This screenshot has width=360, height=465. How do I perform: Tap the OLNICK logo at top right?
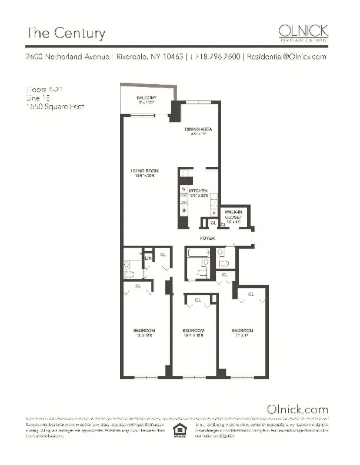click(303, 32)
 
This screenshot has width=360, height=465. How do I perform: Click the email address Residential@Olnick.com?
click(285, 57)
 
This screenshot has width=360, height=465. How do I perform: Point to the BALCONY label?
click(146, 97)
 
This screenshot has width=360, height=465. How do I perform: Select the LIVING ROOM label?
click(145, 172)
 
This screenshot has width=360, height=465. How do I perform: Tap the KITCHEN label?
click(198, 191)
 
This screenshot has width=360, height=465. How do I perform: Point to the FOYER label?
click(207, 238)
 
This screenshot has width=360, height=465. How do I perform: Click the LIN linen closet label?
click(148, 257)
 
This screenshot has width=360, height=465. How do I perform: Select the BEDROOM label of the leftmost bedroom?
click(144, 330)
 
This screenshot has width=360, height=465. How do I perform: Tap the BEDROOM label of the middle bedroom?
click(193, 330)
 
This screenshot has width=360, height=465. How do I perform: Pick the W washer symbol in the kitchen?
click(184, 188)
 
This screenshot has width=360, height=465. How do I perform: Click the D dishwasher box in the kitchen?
click(214, 212)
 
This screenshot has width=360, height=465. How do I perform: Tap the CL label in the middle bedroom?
click(198, 300)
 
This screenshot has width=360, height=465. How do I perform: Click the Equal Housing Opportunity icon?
click(176, 431)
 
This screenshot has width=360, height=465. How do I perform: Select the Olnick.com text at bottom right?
click(297, 409)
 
